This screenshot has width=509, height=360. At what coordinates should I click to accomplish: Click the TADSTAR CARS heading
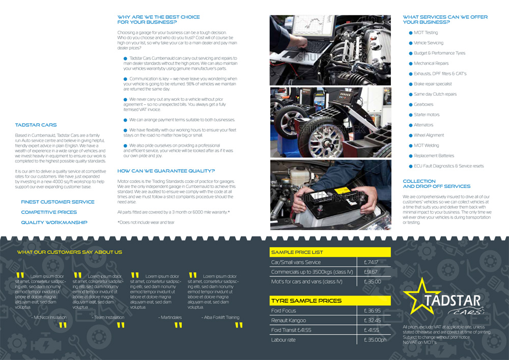36,125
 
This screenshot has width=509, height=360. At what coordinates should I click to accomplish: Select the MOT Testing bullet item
426,33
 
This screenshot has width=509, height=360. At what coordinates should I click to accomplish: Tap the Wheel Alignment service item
429,135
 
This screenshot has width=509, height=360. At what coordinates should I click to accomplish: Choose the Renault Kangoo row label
289,320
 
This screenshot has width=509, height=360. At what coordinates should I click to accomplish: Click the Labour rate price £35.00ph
375,340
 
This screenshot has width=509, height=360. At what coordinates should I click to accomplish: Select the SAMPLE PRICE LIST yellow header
329,252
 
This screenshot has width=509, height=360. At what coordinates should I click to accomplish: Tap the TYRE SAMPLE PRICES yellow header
329,300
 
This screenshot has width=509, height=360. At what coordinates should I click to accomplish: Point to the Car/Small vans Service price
371,262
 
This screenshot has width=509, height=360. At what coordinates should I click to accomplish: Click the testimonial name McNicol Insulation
50,317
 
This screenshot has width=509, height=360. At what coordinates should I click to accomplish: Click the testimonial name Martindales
171,317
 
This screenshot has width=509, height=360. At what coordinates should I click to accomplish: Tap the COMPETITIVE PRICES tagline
49,212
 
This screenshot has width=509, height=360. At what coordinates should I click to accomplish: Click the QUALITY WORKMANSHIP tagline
54,223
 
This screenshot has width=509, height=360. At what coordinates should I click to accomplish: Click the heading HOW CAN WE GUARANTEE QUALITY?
166,171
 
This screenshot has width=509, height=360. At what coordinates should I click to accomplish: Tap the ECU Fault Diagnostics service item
448,166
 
